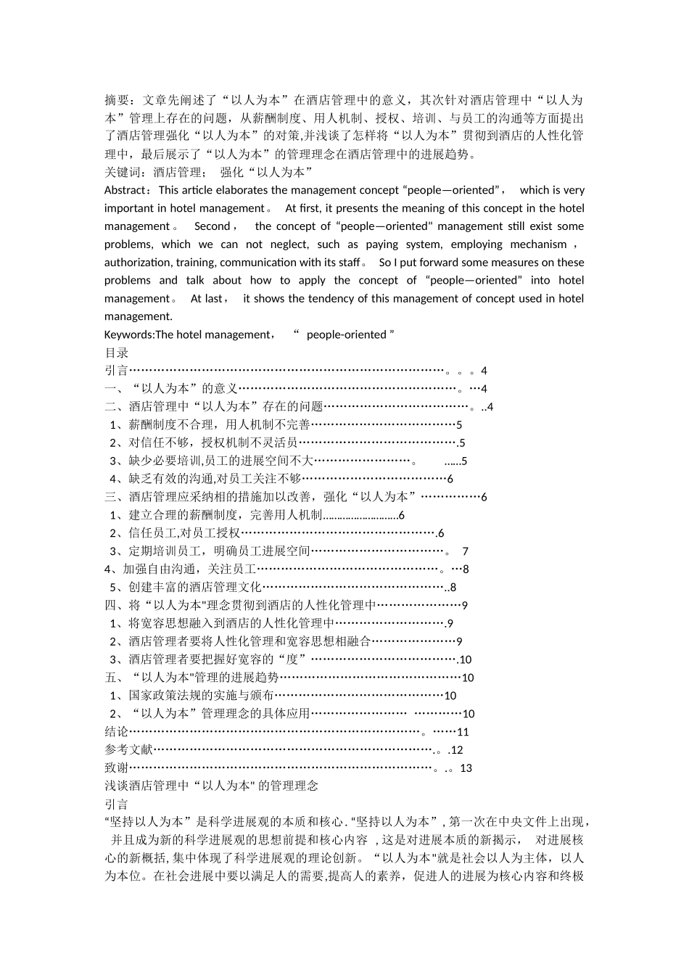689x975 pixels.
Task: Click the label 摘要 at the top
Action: click(117, 100)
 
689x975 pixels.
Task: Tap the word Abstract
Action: click(125, 190)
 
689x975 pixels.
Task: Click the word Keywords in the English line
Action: click(128, 334)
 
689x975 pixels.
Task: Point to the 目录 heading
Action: click(117, 353)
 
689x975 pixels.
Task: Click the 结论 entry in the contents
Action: click(117, 732)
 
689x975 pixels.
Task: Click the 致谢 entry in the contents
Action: click(117, 768)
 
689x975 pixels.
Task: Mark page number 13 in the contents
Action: click(466, 768)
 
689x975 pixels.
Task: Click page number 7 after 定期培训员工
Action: click(465, 551)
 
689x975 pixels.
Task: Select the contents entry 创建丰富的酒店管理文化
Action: click(195, 588)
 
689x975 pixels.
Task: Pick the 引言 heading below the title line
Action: click(117, 804)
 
